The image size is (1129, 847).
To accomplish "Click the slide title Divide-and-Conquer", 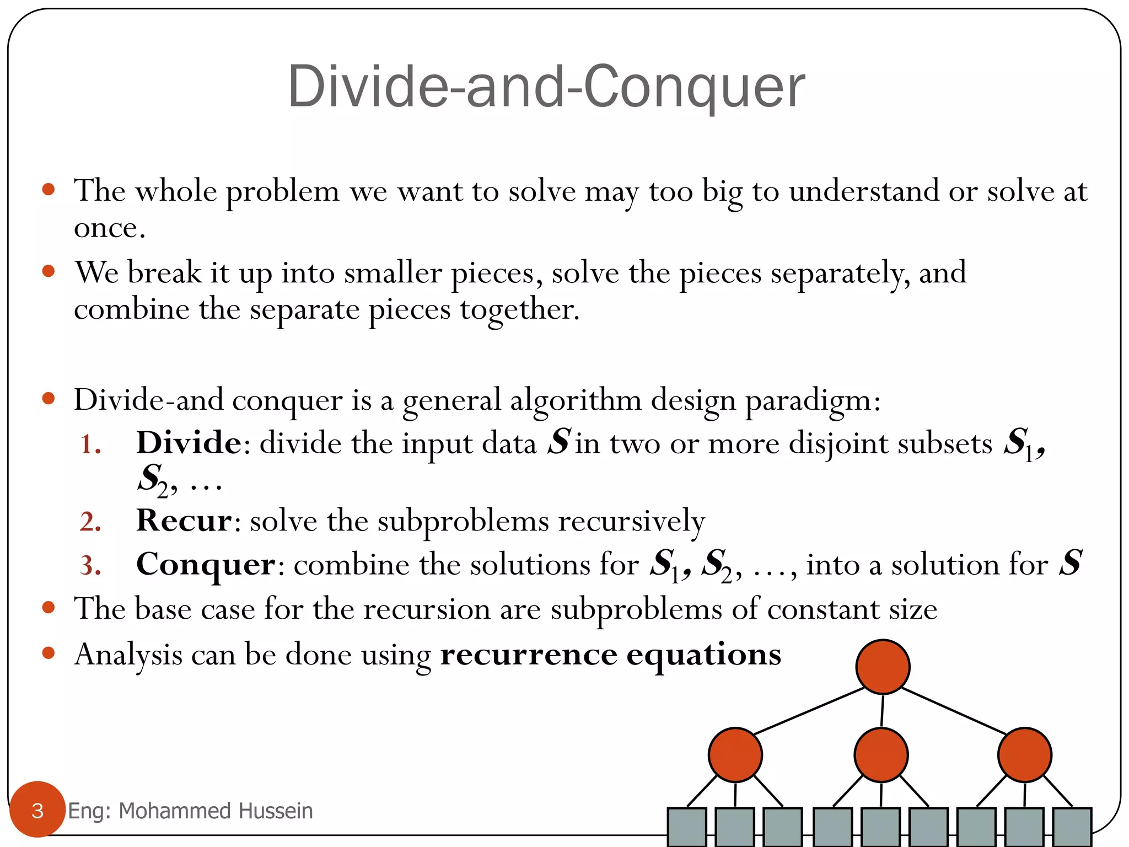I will coord(546,87).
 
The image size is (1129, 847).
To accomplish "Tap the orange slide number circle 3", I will coord(37,810).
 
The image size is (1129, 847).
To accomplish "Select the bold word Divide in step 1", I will coord(189,443).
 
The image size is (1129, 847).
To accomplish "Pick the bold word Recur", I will coord(184,521).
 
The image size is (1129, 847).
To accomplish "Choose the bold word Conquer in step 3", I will coord(206,565).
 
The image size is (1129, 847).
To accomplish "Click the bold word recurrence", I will coord(529,655).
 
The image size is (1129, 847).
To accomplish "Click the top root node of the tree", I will coord(883,667).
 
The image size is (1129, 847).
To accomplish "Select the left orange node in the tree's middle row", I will coord(735,754).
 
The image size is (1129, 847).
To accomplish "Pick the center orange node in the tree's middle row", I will coord(881,754).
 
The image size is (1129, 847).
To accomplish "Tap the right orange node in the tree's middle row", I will coord(1024,754).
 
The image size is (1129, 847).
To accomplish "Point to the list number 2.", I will coord(90,522).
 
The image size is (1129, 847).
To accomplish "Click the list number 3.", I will coord(90,566).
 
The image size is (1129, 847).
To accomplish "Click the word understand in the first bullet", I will coord(863,192).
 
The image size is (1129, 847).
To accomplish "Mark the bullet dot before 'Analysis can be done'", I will coord(49,653).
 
